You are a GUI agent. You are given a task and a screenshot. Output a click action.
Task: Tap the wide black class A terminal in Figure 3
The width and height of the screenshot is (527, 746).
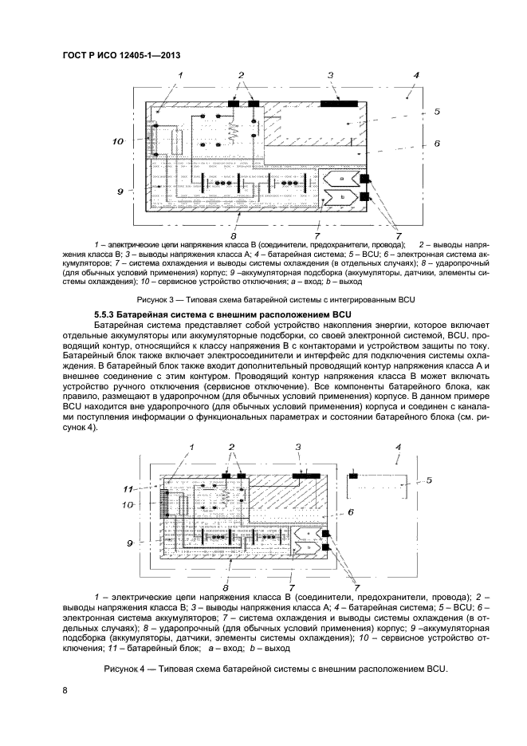[338, 103]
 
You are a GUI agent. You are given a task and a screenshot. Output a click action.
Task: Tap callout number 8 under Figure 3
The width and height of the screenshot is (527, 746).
[231, 237]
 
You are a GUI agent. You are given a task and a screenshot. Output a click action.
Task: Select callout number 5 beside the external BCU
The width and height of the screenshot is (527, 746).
[428, 480]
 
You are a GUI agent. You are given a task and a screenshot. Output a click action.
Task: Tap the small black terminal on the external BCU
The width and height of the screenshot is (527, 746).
[352, 476]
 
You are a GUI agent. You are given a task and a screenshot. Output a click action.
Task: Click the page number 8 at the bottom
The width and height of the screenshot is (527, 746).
[64, 692]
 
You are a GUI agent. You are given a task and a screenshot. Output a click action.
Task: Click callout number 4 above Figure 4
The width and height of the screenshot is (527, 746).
[398, 448]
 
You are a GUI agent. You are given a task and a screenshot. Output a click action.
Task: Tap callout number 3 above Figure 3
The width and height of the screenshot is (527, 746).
[330, 75]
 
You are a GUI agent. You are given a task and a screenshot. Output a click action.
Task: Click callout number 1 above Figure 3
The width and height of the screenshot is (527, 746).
[181, 75]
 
